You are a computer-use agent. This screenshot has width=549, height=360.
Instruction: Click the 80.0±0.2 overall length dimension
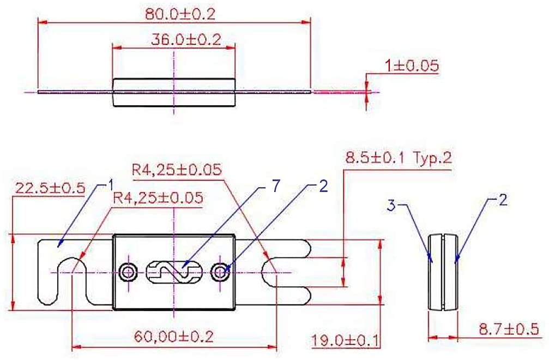pos(180,14)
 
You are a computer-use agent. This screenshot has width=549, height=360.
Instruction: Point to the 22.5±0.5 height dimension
pos(50,188)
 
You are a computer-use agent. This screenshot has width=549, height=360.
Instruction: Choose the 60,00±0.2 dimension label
pos(173,337)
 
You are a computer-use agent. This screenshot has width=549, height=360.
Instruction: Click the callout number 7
pos(276,186)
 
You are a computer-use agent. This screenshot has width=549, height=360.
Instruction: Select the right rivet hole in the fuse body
pos(220,271)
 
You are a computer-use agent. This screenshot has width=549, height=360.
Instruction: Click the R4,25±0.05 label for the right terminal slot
pos(177,170)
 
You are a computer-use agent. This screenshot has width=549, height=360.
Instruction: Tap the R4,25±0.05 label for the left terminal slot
pos(158,197)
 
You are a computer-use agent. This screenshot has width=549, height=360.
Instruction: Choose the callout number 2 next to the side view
pos(503,200)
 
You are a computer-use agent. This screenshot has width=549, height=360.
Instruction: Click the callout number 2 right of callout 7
pos(323,186)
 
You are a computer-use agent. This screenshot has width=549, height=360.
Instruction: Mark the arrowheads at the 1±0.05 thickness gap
pos(367,92)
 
